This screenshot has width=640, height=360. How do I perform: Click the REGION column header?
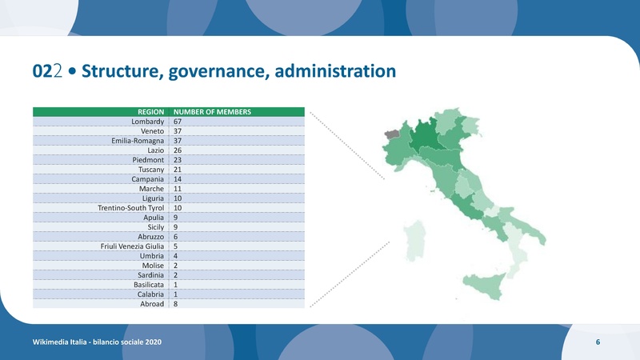[151, 112]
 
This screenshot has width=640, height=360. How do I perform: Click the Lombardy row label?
[148, 122]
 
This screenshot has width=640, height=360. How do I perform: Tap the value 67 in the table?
[178, 122]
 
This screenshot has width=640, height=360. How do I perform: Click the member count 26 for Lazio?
[178, 150]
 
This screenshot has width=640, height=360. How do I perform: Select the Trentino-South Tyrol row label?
[131, 208]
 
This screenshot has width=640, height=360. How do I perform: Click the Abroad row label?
[152, 304]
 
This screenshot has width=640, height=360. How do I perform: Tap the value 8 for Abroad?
[176, 304]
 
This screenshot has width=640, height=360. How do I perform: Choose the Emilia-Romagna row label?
[138, 141]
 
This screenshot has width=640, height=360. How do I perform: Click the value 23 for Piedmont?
[178, 160]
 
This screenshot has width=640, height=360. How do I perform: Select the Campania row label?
[148, 179]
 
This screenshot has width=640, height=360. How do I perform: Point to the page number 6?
[598, 342]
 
